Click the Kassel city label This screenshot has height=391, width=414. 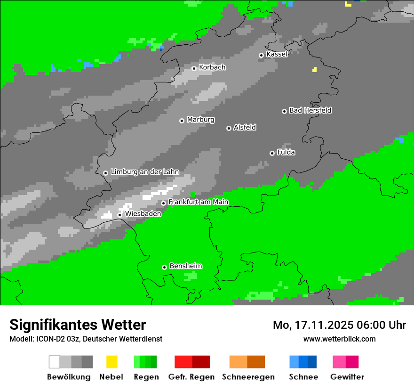277,54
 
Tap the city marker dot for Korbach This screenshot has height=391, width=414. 194,68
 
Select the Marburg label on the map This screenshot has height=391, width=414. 200,120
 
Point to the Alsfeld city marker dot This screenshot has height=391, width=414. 229,128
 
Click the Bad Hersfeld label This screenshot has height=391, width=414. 310,110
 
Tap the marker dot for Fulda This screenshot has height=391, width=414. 272,153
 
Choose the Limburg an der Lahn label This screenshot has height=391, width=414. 144,172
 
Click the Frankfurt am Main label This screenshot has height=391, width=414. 198,202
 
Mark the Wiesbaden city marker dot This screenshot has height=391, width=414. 120,215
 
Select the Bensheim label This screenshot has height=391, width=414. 185,266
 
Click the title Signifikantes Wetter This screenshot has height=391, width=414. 78,325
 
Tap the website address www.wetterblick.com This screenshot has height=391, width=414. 339,339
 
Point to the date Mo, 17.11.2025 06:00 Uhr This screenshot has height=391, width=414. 339,325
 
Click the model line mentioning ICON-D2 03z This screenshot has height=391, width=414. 86,339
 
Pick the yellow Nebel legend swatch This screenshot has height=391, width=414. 111,362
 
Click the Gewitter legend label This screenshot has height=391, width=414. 347,377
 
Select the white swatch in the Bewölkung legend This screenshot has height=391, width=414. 55,362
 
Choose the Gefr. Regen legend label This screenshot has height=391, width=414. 191,377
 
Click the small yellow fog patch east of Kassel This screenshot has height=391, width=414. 314,70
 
